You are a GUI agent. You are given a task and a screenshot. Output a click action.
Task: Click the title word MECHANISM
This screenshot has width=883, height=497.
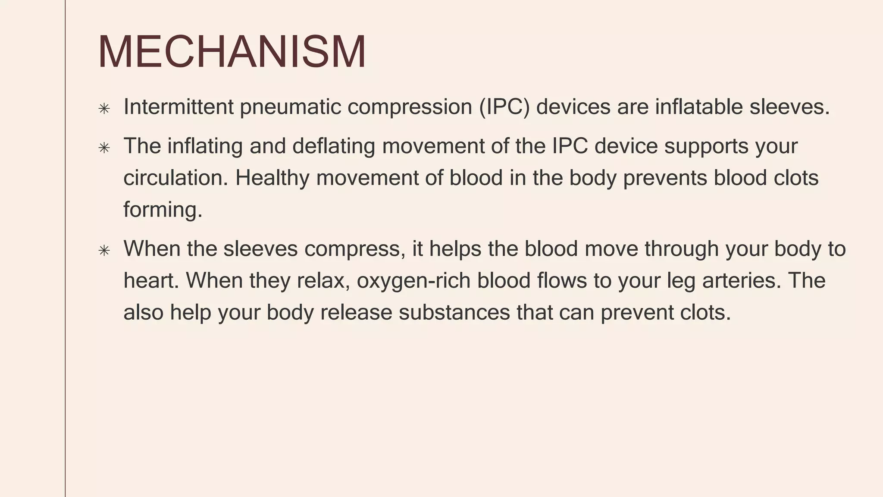[232, 52]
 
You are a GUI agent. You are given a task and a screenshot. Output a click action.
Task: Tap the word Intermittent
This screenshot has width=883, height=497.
[178, 107]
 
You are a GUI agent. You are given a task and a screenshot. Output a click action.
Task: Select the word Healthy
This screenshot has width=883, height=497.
[272, 178]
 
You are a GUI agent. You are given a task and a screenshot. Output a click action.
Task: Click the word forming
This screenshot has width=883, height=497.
[163, 210]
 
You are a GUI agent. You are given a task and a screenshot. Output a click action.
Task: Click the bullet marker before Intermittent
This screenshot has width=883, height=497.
[104, 108]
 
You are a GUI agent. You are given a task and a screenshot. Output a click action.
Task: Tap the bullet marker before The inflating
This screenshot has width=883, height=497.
[104, 148]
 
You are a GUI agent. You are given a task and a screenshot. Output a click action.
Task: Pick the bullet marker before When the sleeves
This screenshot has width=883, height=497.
[104, 250]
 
